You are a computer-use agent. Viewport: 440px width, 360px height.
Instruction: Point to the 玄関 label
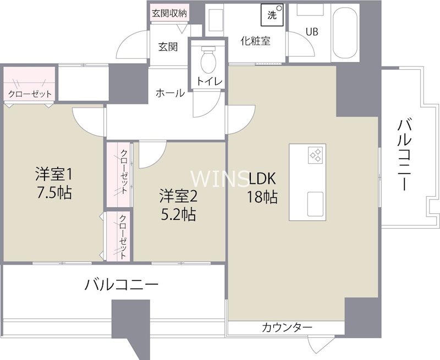(168, 47)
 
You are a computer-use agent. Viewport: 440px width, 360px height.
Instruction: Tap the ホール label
(170, 93)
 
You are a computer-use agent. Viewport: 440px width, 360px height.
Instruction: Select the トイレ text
(210, 81)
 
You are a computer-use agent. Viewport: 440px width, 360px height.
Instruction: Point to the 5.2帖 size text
(177, 213)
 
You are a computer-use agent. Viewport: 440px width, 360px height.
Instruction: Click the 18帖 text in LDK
(262, 197)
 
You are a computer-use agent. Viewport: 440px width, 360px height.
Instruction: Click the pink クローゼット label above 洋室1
(30, 93)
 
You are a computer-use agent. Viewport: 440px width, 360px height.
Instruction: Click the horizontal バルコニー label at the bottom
(122, 285)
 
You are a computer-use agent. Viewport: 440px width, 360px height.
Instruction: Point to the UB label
(312, 31)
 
